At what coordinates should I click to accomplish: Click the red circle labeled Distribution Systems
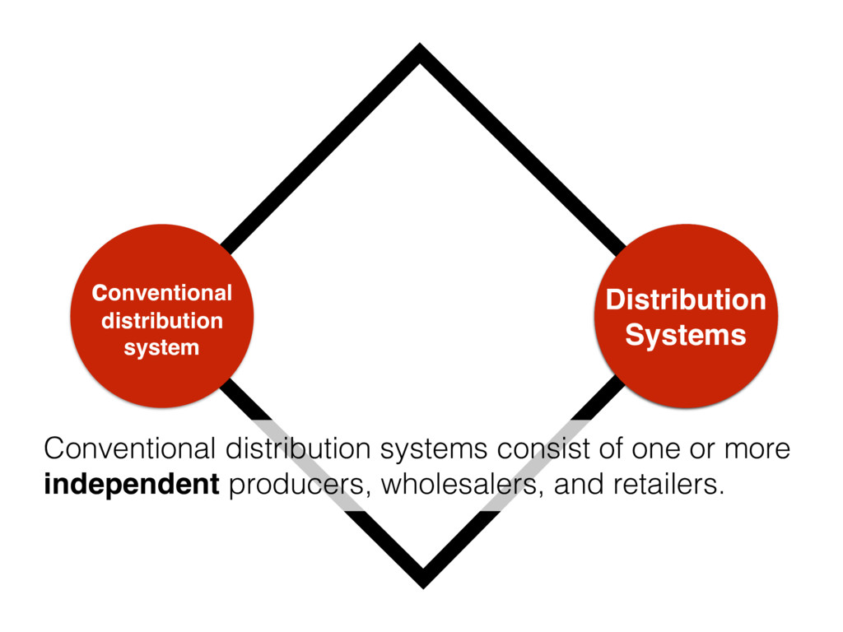pos(686,316)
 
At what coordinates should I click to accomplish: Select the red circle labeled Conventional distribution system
pos(161,316)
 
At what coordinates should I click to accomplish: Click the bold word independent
pos(131,486)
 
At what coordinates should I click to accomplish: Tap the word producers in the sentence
pos(291,486)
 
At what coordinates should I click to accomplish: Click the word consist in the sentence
pos(535,450)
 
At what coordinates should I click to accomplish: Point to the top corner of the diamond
pos(420,51)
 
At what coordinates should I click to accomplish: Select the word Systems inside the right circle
pos(686,335)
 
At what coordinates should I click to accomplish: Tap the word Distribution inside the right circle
pos(686,300)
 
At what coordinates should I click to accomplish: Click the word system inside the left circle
pos(161,347)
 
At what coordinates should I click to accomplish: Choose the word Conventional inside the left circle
pos(161,292)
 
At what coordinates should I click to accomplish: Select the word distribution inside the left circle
pos(161,319)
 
